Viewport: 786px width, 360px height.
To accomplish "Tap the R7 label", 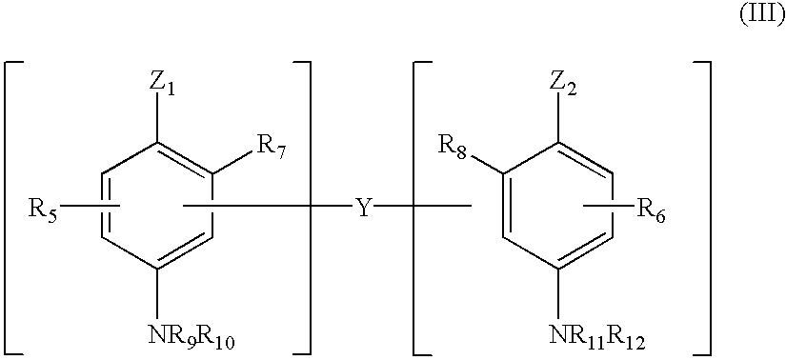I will (x=270, y=146).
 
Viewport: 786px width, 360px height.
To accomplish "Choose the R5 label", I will (x=42, y=207).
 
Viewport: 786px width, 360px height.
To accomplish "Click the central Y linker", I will (x=363, y=207).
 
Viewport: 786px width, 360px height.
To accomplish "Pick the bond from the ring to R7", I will (x=232, y=161).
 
